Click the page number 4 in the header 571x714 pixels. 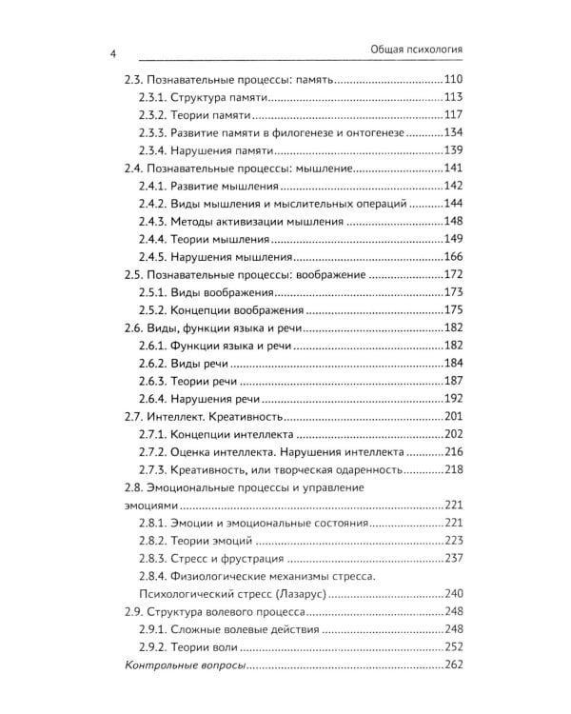[x=112, y=56]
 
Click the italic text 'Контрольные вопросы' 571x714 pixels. [x=185, y=664]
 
